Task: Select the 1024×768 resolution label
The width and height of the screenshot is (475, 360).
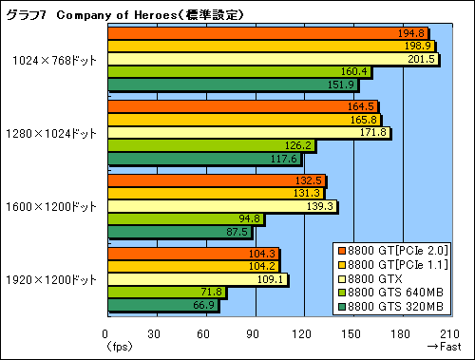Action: click(x=56, y=59)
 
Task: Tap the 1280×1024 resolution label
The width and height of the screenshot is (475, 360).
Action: click(x=55, y=132)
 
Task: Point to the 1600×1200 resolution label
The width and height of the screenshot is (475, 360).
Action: click(x=55, y=206)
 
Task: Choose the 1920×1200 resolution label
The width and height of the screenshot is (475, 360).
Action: click(x=55, y=279)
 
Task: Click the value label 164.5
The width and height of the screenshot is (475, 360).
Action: click(x=364, y=106)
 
